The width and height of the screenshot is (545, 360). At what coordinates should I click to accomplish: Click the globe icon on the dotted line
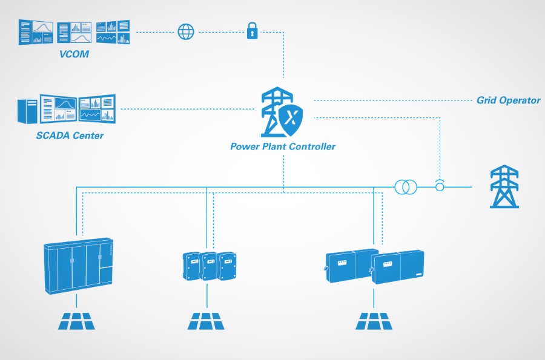point(185,31)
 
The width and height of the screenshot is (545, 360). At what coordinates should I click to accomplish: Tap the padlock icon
point(252,31)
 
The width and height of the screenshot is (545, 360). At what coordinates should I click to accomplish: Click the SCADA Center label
point(69,135)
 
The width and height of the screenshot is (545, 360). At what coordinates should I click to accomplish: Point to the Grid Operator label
point(508,100)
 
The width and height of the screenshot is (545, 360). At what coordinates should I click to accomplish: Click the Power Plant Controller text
point(283,146)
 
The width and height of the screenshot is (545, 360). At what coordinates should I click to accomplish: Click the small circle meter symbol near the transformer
point(440,186)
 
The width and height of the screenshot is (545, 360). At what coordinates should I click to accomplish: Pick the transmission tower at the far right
point(504,187)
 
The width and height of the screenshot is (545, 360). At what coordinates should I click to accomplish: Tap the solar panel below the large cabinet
point(77,321)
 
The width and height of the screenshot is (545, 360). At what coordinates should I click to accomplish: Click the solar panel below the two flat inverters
point(374,321)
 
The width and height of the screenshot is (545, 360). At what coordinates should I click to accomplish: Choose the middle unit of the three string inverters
point(209,266)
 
